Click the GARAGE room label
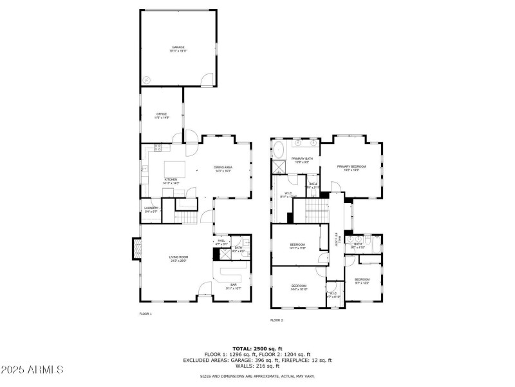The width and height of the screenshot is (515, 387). click(178, 48)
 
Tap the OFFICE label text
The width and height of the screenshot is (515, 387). click(162, 115)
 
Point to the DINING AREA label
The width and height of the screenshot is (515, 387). click(223, 168)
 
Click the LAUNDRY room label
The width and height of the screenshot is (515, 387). click(151, 208)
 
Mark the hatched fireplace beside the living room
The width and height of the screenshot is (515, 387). click(137, 248)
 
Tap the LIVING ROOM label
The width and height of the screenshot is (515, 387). click(178, 259)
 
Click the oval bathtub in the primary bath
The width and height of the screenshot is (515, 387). click(279, 151)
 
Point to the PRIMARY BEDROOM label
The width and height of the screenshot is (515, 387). click(351, 167)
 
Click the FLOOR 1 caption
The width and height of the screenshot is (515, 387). click(145, 313)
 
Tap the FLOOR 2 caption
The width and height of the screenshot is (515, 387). click(277, 320)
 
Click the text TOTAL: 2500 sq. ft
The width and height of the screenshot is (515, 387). click(257, 348)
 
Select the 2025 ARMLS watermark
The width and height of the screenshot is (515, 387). click(32, 370)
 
